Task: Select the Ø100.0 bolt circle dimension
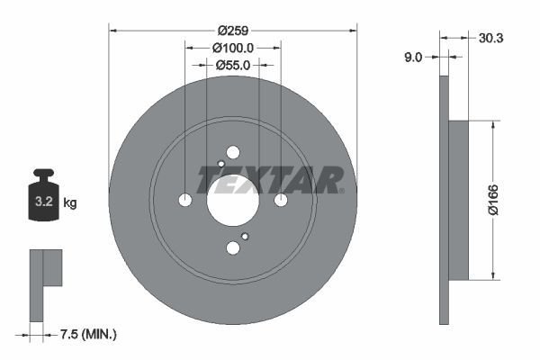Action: (233, 47)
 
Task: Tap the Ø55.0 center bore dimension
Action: (233, 65)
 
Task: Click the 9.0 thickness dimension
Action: (413, 57)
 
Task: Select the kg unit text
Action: (70, 203)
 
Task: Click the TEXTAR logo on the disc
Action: (270, 180)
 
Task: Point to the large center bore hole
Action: (233, 200)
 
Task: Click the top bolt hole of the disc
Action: (233, 152)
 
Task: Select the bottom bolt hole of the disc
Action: (233, 247)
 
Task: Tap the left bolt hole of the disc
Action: (185, 200)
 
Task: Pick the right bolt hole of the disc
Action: (281, 200)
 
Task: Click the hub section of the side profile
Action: (458, 200)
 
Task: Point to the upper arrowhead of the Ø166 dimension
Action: (493, 125)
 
